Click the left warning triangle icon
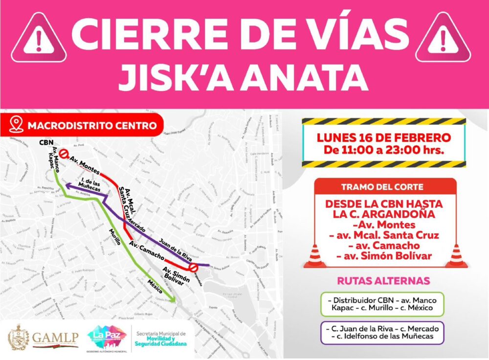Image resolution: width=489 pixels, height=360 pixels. click(39, 39)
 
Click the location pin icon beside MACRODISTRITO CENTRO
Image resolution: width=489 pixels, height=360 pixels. click(16, 125)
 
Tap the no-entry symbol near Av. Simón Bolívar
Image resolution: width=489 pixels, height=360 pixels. click(194, 268)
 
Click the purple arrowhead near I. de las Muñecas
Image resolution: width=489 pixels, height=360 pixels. click(69, 185)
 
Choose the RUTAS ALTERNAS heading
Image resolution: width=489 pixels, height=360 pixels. click(383, 281)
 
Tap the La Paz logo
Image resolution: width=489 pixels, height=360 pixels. click(107, 336)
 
